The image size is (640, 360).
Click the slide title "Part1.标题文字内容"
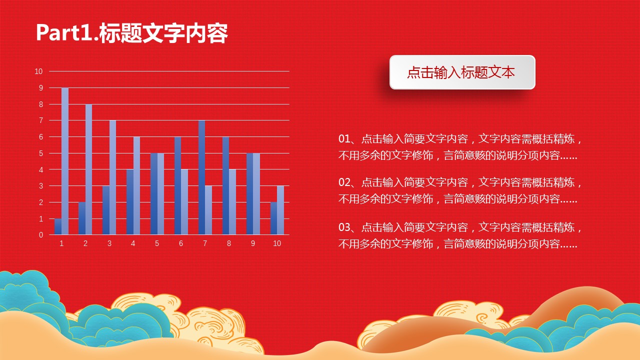coord(132,33)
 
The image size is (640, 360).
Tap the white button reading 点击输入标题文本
coord(462,72)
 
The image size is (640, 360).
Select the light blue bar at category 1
coord(65,161)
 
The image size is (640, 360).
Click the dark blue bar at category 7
coord(201,177)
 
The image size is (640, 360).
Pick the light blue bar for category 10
coord(280,210)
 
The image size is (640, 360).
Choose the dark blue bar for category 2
coord(82,218)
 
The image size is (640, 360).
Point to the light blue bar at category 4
coord(136,185)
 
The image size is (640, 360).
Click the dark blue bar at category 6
coord(177,185)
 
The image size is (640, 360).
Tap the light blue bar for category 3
coord(112,177)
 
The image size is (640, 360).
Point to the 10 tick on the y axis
coord(38,71)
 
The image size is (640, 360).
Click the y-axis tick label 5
coord(41,153)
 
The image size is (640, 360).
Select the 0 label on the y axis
coord(41,235)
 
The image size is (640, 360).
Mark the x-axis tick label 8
coord(229,243)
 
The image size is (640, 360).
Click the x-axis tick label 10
coord(277,243)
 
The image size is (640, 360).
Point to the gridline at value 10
coord(169,71)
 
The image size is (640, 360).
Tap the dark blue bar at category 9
coord(249,193)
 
